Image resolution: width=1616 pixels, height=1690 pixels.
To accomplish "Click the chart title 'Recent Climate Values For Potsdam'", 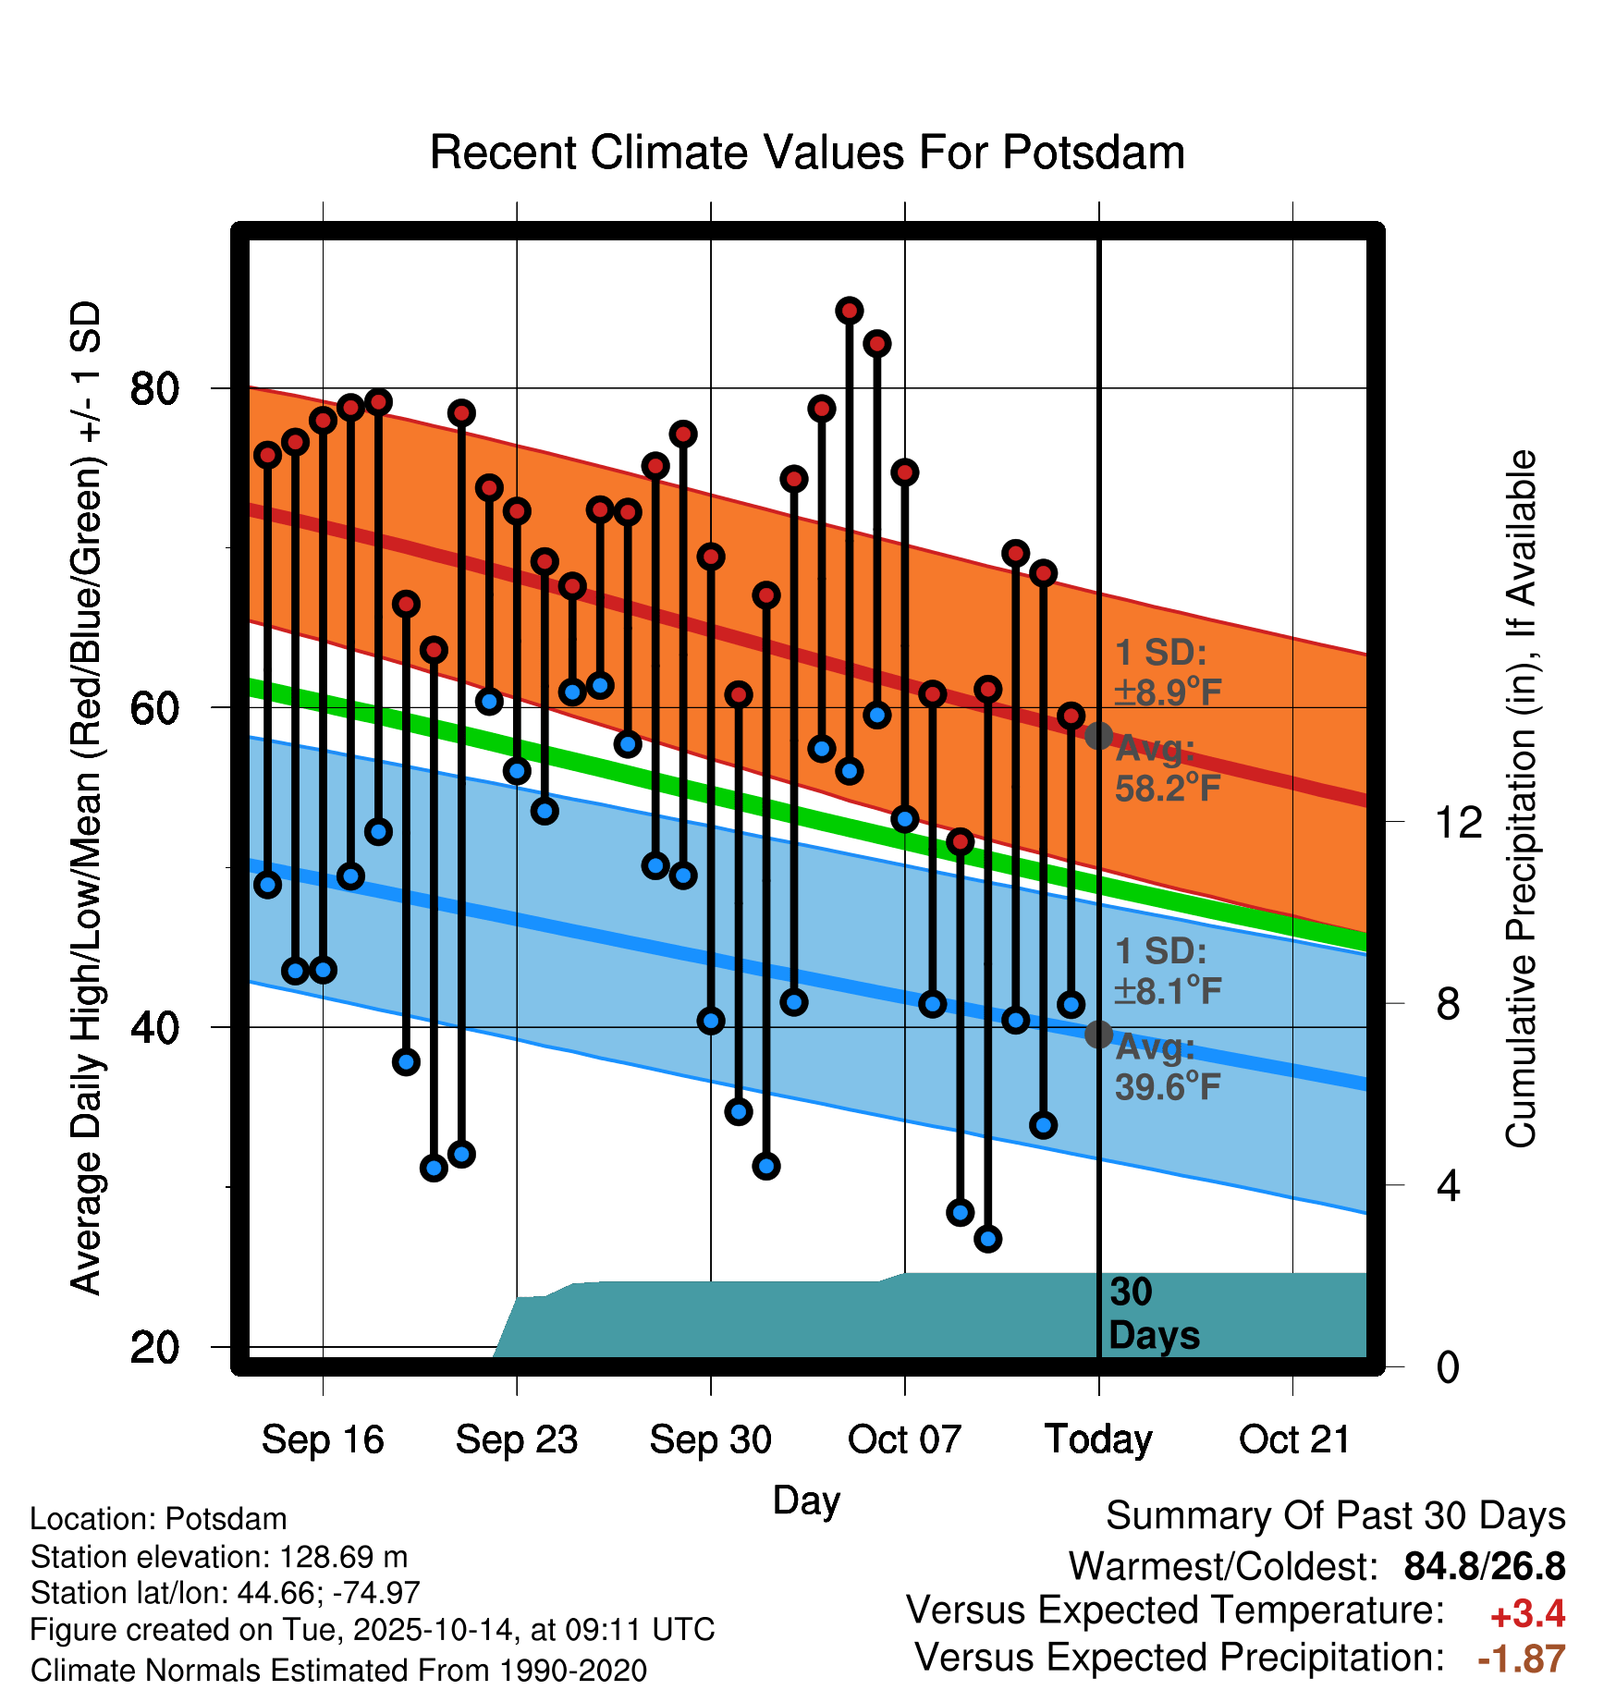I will coord(807,153).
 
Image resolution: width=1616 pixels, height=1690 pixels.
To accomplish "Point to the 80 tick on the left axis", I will coord(153,389).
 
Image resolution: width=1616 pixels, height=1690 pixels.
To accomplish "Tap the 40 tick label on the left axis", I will coord(153,1028).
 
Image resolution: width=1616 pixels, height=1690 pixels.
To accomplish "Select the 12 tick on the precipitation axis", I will coord(1459,822).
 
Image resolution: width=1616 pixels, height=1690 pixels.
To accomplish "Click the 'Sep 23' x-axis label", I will coord(517,1439).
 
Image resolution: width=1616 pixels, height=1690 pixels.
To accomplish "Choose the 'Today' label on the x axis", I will coord(1098,1439).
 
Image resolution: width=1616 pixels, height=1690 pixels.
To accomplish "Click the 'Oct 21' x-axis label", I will coord(1294,1439).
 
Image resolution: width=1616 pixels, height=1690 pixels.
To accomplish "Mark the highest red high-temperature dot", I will coord(850,311).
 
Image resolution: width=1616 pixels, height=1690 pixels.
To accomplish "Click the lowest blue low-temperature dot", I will coord(988,1239).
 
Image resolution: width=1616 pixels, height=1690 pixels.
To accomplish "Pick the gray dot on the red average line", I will coord(1098,736).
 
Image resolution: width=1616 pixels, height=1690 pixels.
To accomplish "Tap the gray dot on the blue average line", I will coord(1098,1034).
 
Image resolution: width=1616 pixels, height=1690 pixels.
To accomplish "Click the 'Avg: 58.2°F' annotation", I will coord(1168,769).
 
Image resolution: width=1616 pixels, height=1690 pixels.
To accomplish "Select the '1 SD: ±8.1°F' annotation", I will coord(1168,972).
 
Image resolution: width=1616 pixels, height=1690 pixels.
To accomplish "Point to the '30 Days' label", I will coord(1153,1314).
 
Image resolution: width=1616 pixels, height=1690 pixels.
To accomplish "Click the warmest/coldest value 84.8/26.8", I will coord(1484,1566).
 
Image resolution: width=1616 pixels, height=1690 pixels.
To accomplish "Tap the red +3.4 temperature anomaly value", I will coord(1527,1614).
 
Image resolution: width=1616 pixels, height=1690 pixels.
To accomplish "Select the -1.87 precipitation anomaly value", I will coord(1521,1659).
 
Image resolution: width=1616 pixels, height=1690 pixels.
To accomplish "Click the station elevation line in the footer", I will coord(219,1557).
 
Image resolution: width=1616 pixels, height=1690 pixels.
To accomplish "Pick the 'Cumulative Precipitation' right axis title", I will coord(1521,800).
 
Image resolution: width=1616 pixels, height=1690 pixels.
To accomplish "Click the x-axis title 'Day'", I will coord(806,1500).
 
